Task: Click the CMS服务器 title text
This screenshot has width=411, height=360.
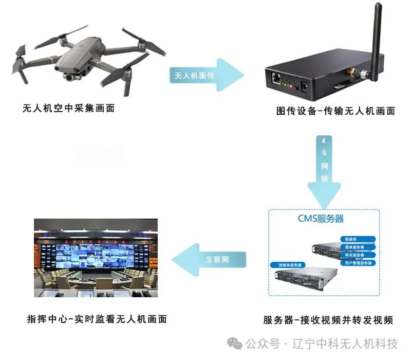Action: [x=321, y=219]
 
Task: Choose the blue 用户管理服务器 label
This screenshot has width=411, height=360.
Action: [x=357, y=262]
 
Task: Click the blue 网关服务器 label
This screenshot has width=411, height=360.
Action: [x=354, y=255]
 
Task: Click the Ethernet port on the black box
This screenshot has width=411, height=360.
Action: [x=276, y=78]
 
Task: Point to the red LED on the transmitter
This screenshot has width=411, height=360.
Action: [x=290, y=86]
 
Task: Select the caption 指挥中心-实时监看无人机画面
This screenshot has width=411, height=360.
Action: [x=97, y=319]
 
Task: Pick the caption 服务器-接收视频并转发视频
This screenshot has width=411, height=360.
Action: [x=328, y=320]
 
